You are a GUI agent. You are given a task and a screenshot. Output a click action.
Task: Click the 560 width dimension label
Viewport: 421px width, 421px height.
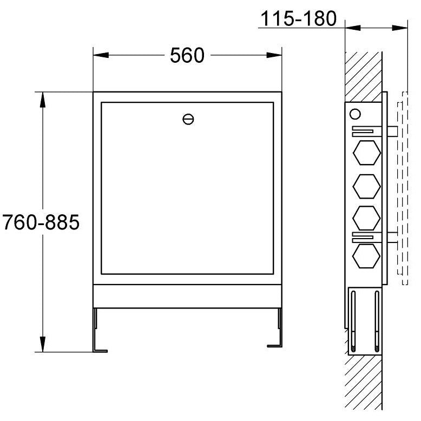[187, 55]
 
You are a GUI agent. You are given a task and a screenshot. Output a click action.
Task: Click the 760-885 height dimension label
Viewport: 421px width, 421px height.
[41, 222]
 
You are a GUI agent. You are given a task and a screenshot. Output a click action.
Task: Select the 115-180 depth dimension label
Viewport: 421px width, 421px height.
[299, 18]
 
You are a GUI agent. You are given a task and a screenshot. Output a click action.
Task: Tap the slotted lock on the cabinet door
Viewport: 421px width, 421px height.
[188, 119]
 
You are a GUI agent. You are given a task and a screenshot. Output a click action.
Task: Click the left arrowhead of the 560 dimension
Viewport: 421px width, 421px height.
[101, 55]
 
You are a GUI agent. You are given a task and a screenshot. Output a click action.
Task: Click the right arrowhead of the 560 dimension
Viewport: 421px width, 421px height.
[274, 55]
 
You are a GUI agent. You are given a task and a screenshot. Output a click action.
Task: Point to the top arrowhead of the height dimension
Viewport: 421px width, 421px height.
[43, 100]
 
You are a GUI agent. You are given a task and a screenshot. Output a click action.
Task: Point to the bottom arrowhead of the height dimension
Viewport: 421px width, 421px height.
[43, 344]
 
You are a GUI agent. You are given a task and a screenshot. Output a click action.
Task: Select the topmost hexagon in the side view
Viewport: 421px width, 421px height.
[367, 153]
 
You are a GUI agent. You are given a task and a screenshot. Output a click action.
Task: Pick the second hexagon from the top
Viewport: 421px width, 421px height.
[367, 186]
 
